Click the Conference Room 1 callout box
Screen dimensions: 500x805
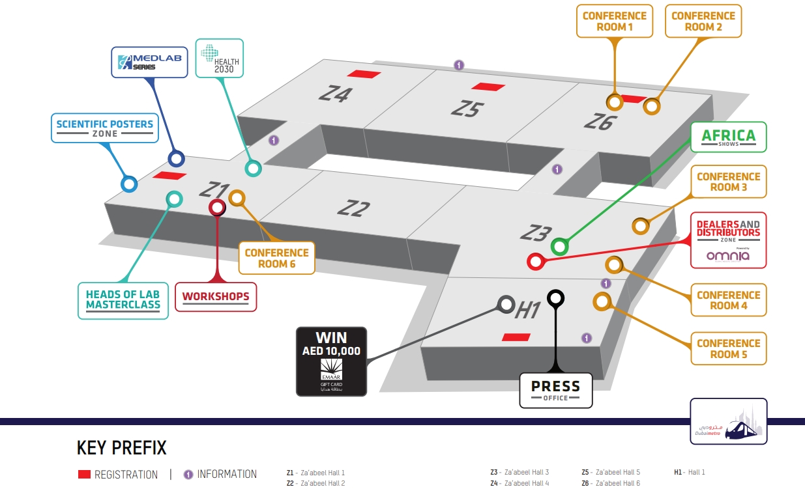[615, 21]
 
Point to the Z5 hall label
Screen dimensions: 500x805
[466, 108]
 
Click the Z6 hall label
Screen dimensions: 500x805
[598, 121]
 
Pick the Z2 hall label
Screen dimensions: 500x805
[353, 208]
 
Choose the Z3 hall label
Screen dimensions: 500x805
[536, 232]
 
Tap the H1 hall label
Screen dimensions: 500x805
[528, 311]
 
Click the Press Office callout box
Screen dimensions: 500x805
[555, 390]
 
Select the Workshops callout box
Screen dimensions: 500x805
[216, 297]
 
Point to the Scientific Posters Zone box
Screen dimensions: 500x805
[105, 128]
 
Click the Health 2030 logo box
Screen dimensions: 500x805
[220, 58]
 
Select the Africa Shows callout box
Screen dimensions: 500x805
[728, 137]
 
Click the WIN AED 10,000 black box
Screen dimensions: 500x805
[332, 361]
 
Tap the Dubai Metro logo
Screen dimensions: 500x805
[728, 421]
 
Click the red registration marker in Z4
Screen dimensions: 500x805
[364, 74]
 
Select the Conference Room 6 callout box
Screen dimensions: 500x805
[277, 258]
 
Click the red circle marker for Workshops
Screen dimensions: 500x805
[216, 208]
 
